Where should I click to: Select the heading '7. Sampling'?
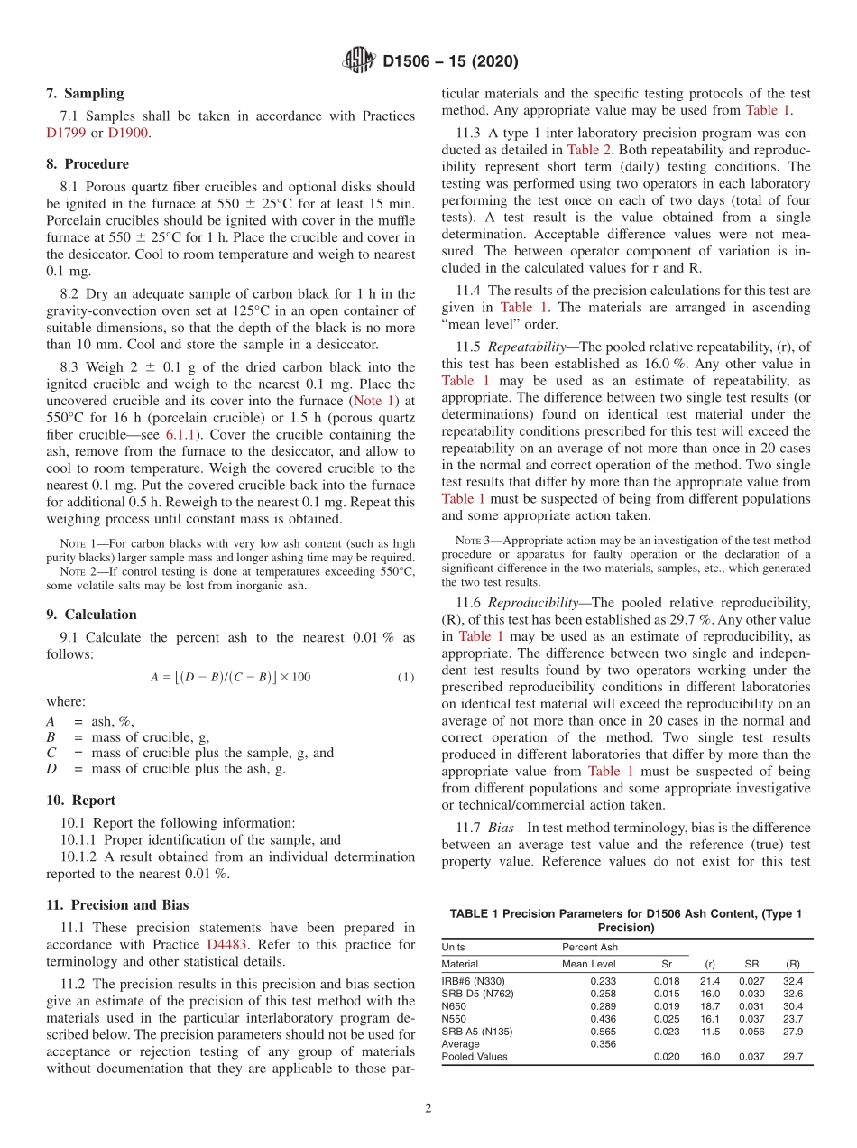point(85,93)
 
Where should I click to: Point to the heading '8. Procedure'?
point(88,164)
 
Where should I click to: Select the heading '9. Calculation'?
point(91,615)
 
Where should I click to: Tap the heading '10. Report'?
point(80,801)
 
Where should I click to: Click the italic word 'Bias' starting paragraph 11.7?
point(502,827)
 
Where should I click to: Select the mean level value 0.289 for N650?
point(604,1005)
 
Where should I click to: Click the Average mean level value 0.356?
point(604,1043)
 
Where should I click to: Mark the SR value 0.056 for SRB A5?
point(751,1031)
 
